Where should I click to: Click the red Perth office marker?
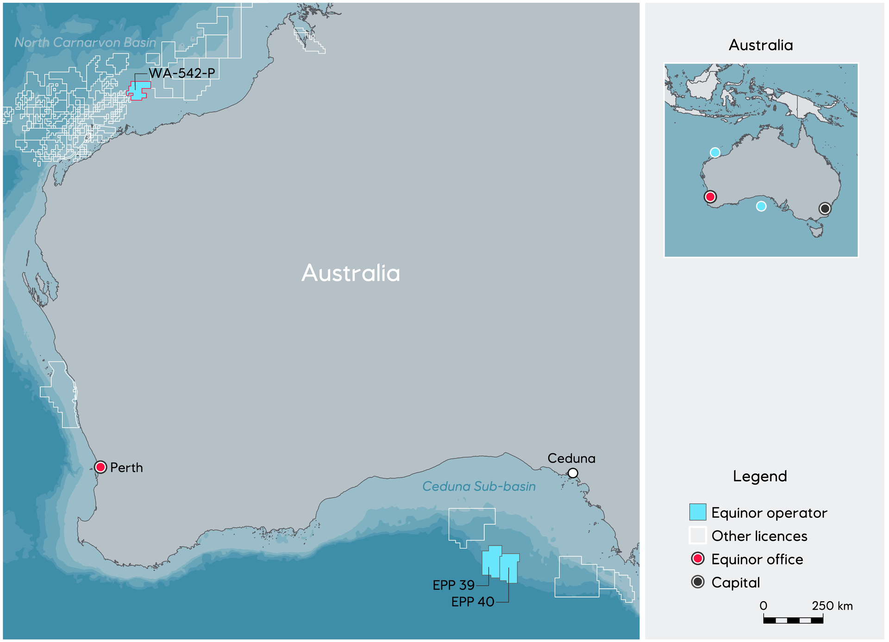click(100, 467)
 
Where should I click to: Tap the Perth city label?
click(126, 467)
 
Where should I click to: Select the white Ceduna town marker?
click(573, 473)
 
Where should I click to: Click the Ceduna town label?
click(571, 458)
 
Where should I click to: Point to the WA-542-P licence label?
click(182, 73)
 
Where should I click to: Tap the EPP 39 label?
click(454, 585)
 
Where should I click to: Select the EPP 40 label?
click(473, 602)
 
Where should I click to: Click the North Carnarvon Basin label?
click(85, 43)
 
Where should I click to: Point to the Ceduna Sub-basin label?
click(479, 486)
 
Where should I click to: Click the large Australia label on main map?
click(351, 273)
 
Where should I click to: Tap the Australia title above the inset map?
click(761, 45)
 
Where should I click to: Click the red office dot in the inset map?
click(710, 197)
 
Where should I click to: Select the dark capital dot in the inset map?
click(825, 208)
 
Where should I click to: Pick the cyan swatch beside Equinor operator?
click(697, 512)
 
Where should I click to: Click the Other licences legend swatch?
click(697, 536)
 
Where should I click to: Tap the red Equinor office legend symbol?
click(697, 559)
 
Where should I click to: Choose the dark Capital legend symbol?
click(697, 582)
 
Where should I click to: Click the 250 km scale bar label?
click(832, 606)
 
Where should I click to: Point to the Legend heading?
click(760, 476)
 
